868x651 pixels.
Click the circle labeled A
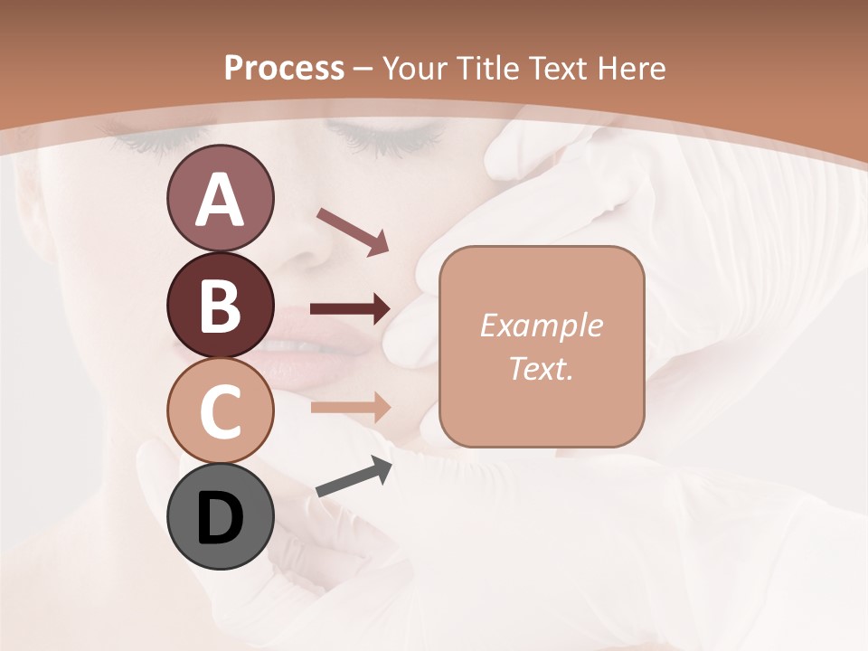[220, 198]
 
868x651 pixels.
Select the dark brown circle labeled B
[220, 305]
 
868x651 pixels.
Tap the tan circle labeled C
[220, 410]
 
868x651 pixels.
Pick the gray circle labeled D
[220, 516]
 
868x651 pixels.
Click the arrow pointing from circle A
[353, 231]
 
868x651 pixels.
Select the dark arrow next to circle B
[350, 309]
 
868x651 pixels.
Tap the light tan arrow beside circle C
[350, 407]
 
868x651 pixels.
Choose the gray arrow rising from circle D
[354, 478]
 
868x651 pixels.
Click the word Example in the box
[541, 325]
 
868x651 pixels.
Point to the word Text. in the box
[541, 368]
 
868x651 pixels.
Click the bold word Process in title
[284, 68]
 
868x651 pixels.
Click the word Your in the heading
[412, 68]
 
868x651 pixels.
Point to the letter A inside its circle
[220, 200]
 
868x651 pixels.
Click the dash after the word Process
[363, 69]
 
